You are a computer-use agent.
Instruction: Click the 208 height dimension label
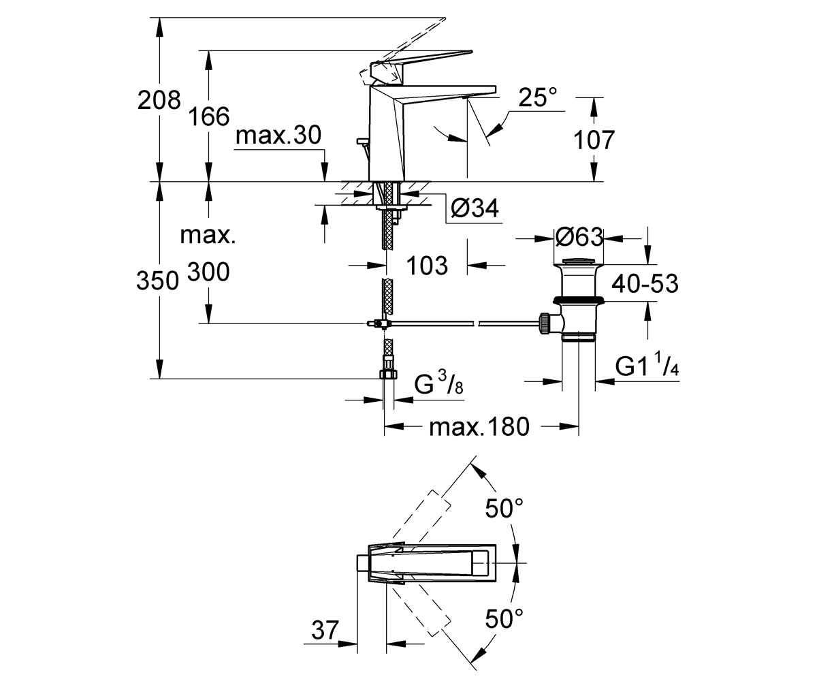click(x=159, y=100)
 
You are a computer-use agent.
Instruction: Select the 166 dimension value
click(x=209, y=116)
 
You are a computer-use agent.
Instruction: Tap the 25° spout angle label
click(x=538, y=97)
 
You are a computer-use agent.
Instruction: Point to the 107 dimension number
click(x=594, y=140)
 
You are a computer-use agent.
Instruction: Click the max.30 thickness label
click(x=278, y=136)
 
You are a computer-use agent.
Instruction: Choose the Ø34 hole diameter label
click(x=475, y=208)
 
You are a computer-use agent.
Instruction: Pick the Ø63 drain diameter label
click(x=579, y=237)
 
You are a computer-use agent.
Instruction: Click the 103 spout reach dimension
click(x=428, y=266)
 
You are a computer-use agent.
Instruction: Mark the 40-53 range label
click(x=645, y=284)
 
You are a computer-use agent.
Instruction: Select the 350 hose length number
click(x=158, y=281)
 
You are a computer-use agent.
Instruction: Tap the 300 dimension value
click(x=208, y=272)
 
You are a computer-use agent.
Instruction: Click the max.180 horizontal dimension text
click(x=479, y=426)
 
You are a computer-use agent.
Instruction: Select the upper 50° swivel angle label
click(x=504, y=509)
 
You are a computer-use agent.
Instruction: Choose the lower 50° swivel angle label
click(x=504, y=619)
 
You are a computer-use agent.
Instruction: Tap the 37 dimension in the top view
click(x=325, y=630)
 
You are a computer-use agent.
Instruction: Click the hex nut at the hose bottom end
click(x=388, y=374)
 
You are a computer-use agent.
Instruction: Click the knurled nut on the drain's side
click(x=544, y=323)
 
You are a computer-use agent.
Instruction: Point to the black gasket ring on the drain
click(x=579, y=300)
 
